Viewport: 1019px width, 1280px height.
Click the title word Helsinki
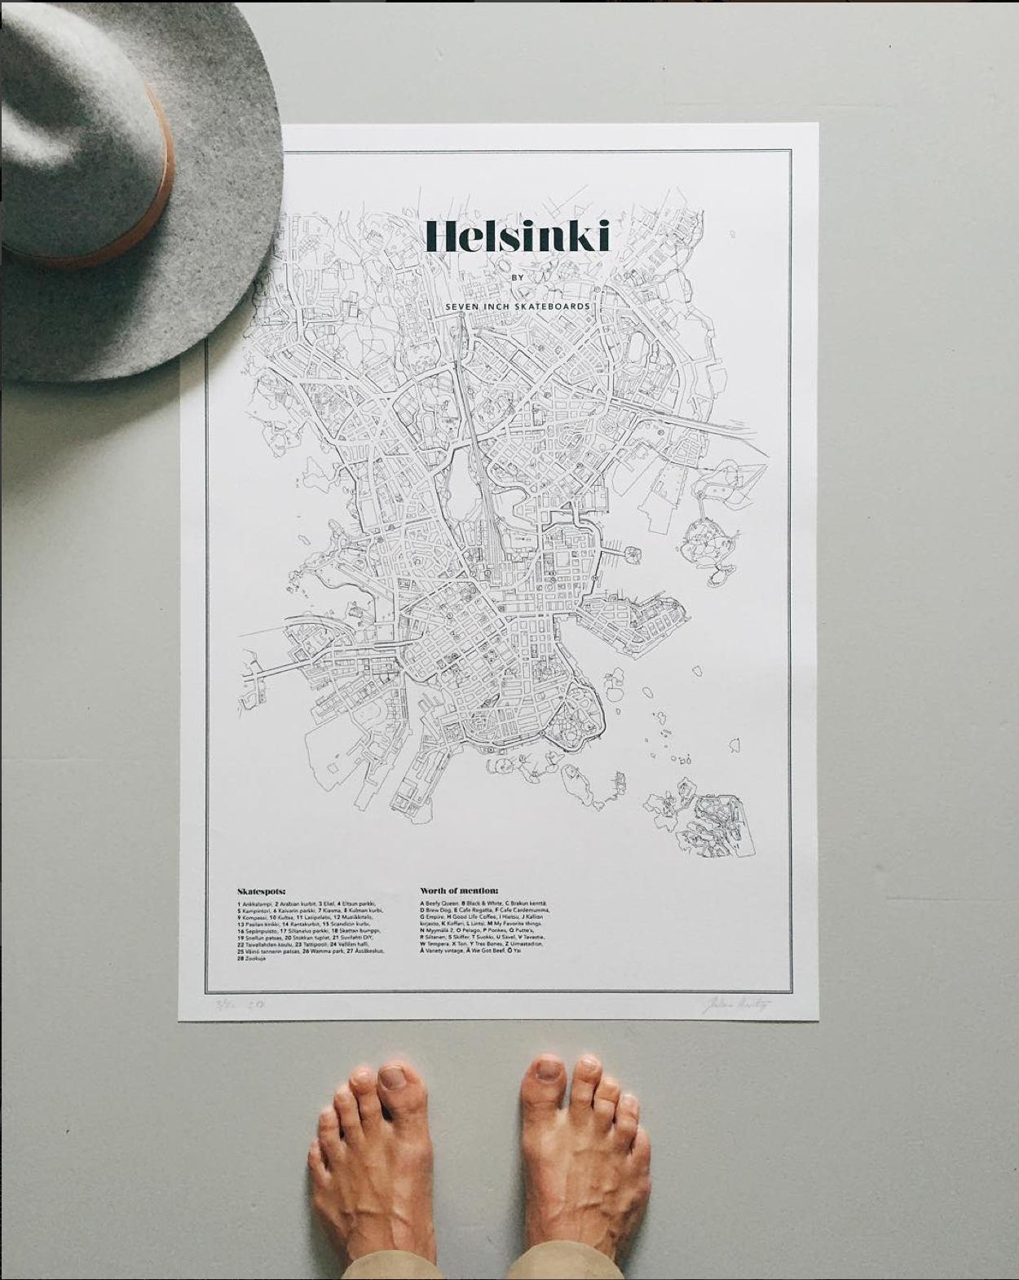[517, 237]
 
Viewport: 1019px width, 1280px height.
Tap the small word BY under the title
[516, 277]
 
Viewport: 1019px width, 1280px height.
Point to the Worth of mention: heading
[459, 891]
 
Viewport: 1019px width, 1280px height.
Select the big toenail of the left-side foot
[393, 1079]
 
